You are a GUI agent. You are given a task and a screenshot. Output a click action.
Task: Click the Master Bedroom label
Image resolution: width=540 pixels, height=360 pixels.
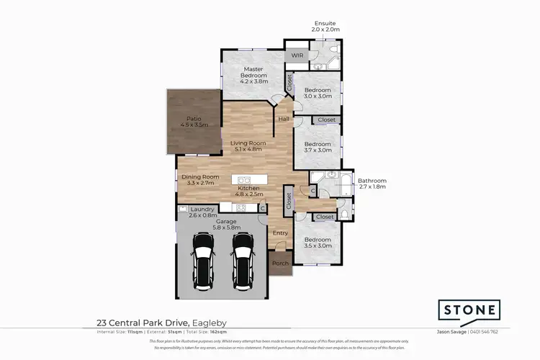(x=253, y=73)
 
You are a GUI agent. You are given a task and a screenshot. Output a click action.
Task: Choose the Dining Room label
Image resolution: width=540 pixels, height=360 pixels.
(x=199, y=181)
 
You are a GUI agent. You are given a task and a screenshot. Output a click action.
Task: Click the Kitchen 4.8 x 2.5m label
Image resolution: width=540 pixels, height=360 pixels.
(x=247, y=192)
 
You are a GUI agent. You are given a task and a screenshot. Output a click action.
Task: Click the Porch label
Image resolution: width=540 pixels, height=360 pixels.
(x=279, y=263)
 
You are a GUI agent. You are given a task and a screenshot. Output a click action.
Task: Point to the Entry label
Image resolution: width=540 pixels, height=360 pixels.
(x=279, y=233)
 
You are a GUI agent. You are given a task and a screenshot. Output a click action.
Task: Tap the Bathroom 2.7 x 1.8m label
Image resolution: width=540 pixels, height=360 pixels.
(x=372, y=184)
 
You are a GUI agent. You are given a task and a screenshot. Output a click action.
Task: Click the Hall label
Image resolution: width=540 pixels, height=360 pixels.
(x=283, y=119)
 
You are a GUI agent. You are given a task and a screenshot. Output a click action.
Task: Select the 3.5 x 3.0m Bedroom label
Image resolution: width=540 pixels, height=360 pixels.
(x=317, y=243)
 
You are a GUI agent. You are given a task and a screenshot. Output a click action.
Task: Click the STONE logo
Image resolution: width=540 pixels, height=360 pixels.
(x=469, y=310)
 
